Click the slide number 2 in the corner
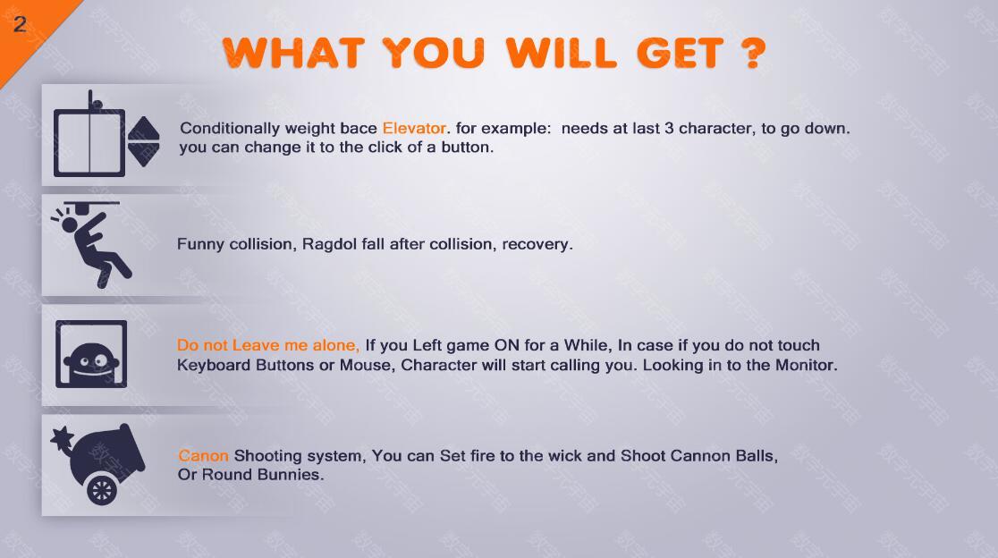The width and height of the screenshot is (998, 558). tap(20, 24)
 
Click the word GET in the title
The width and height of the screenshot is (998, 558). tap(680, 52)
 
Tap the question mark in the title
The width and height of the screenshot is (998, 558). tap(753, 52)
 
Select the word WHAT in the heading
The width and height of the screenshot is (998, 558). tap(293, 52)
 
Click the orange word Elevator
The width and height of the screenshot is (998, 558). tap(414, 128)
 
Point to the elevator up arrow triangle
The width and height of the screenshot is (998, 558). tap(143, 127)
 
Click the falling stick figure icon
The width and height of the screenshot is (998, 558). tap(92, 244)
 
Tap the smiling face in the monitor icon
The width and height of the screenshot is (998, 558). tap(91, 360)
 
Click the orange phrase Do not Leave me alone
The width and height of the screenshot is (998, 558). tap(268, 345)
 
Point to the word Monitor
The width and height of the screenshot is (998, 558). tap(806, 365)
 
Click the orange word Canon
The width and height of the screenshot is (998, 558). tap(203, 455)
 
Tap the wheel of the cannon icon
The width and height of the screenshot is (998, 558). tap(102, 490)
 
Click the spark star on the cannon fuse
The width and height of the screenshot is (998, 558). tap(62, 438)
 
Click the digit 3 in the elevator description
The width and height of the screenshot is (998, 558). tap(669, 128)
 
